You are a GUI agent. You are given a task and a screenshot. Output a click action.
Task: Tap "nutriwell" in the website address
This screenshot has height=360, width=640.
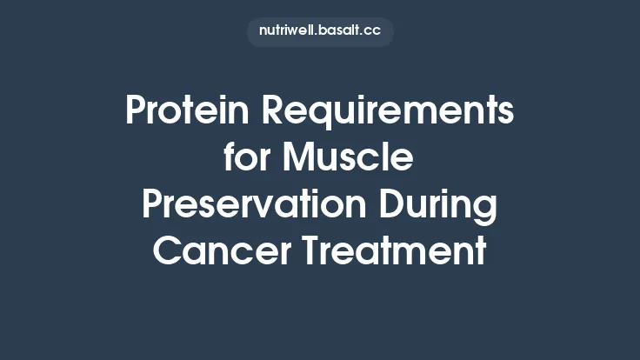point(287,31)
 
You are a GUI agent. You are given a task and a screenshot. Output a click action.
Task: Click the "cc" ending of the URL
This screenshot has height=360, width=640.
point(373,31)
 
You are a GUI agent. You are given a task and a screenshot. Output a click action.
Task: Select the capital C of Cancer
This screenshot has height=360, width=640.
point(164,252)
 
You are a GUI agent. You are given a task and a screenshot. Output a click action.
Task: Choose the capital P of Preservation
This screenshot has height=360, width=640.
point(151,206)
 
